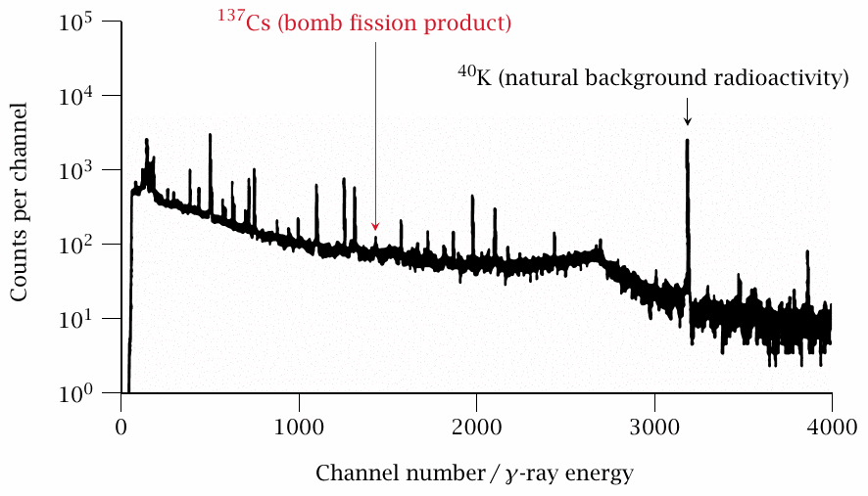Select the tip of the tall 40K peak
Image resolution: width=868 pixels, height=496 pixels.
688,141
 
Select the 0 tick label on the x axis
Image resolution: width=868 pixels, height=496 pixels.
121,427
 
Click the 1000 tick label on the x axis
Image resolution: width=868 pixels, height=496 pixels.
299,427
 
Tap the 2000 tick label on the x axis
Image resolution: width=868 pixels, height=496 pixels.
476,427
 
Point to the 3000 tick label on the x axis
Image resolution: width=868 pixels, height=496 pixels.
653,427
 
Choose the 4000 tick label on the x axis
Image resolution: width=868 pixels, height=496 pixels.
831,427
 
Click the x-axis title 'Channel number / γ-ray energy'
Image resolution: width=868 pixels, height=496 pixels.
474,473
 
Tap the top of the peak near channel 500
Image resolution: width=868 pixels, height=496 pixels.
211,136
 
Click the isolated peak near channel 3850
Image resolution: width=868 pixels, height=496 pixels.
807,252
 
